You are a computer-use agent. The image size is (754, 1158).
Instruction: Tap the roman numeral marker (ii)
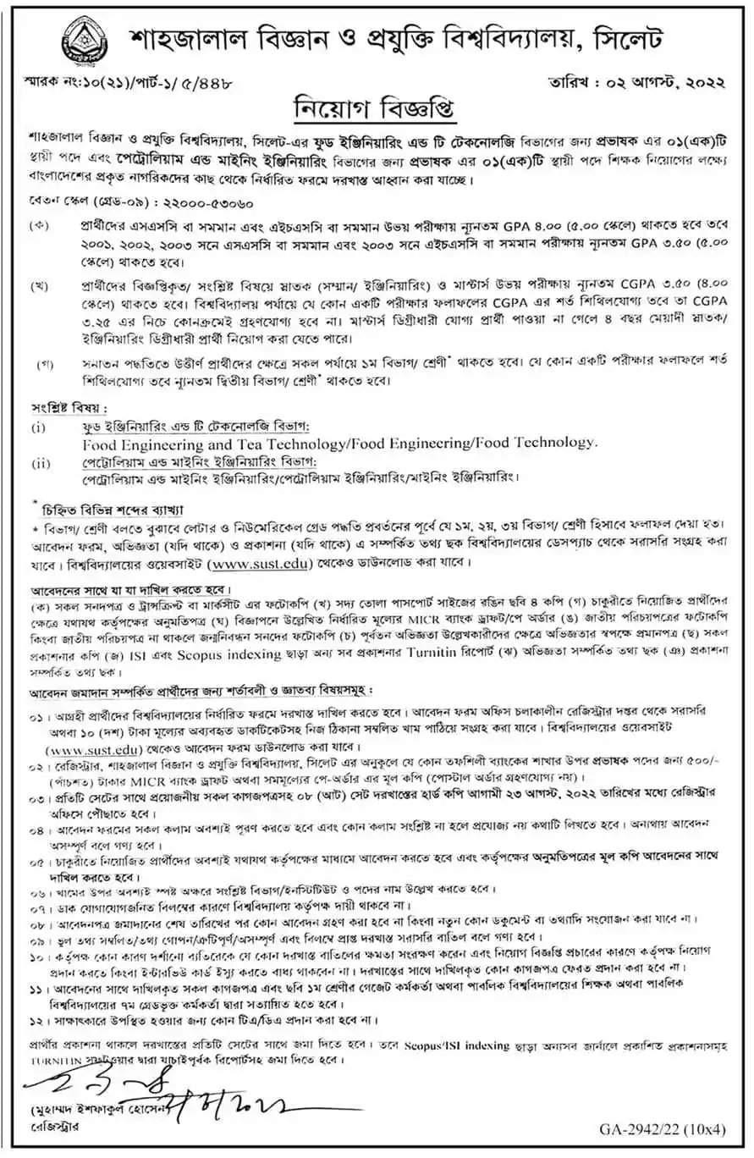[x=41, y=462]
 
